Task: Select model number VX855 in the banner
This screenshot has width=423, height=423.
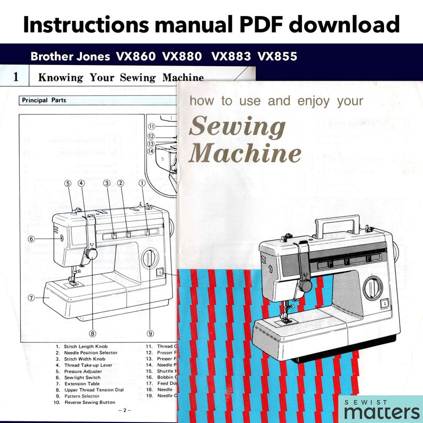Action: coord(277,56)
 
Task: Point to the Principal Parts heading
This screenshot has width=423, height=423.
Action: coord(42,100)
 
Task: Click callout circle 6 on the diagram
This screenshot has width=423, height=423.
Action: coord(31,239)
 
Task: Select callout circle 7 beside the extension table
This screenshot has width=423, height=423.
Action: coord(32,297)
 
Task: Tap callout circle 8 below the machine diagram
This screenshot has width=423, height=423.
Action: coord(93,333)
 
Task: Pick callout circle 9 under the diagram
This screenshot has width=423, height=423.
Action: coord(150,333)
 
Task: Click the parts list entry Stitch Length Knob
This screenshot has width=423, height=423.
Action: coord(86,346)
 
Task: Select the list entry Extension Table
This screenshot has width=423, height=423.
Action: coord(82,384)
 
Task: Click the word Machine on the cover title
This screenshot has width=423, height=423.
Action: coord(245,154)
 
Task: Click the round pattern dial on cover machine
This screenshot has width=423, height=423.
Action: coord(372,288)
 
